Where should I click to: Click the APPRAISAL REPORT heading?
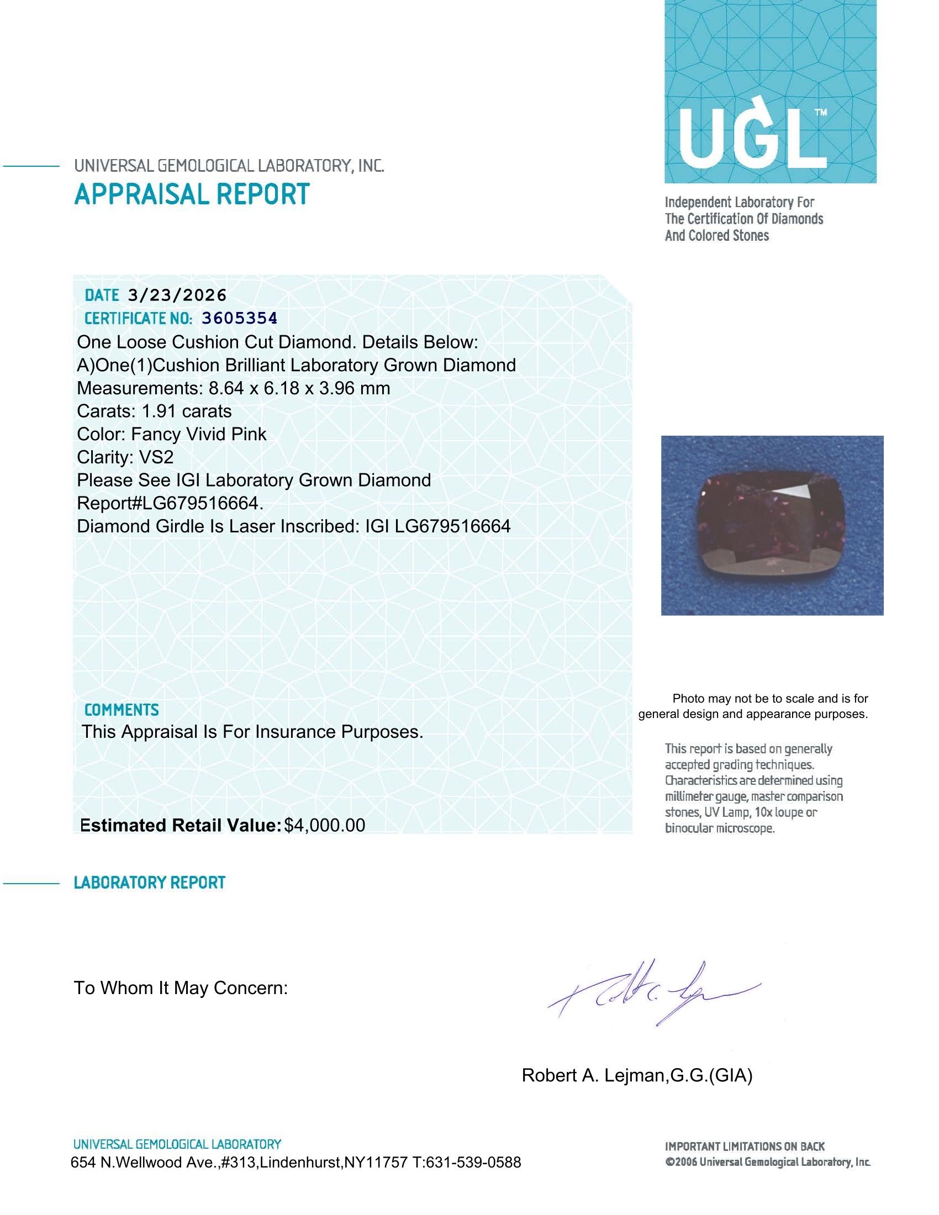point(192,194)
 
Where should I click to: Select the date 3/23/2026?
point(177,295)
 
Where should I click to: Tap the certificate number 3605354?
point(239,318)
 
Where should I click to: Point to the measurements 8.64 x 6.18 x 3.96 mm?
point(299,388)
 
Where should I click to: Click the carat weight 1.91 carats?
point(186,411)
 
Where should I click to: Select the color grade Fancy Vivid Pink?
point(199,434)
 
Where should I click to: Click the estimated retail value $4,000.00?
point(324,825)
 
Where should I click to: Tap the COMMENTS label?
point(122,710)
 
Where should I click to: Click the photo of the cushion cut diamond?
point(772,525)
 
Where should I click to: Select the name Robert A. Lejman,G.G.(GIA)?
point(636,1075)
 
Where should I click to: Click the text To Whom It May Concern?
point(181,988)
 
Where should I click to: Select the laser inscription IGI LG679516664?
point(437,526)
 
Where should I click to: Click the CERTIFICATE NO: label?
point(139,318)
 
